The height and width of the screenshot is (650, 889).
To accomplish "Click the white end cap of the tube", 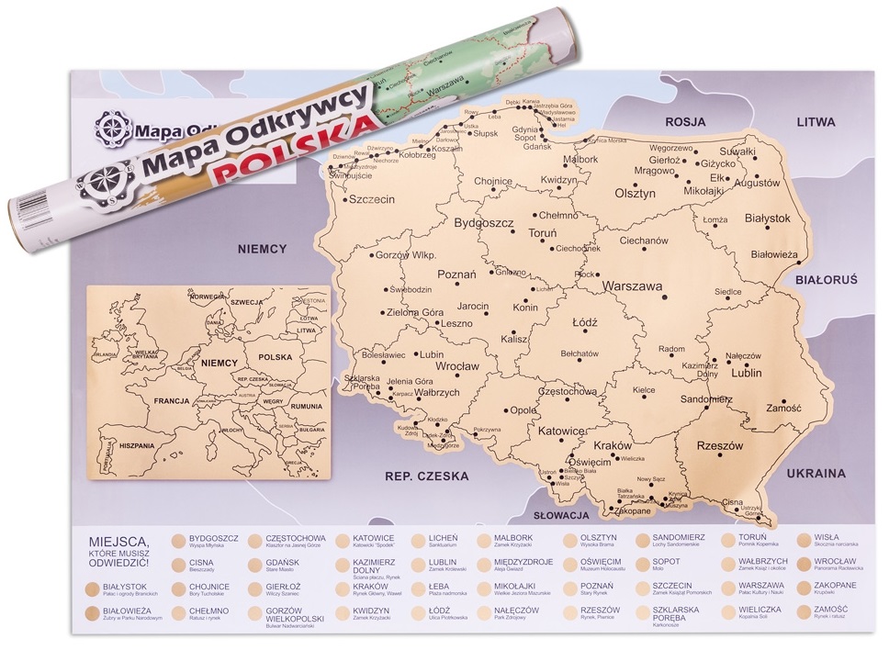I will point(34,217).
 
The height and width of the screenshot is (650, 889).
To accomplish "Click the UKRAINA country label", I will point(815,474).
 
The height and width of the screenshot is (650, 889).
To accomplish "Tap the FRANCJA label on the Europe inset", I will point(171,400).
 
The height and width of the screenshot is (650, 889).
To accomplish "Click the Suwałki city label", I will point(737,151).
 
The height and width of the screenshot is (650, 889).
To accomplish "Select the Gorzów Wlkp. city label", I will point(405,254).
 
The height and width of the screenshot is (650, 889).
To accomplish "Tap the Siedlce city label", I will point(727,292).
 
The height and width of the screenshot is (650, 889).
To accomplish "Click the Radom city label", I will point(672,349).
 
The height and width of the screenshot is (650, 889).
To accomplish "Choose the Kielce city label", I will point(644,390).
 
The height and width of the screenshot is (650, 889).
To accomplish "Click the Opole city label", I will point(523,409).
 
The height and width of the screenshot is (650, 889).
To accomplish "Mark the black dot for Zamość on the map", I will point(783,401).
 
